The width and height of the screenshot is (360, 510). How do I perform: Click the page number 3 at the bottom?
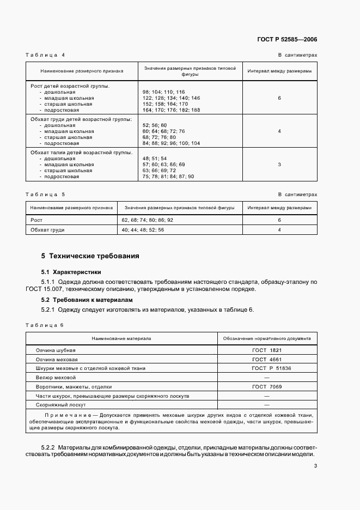315,465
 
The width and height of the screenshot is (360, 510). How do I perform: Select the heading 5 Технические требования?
90,256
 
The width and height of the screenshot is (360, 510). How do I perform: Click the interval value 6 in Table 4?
279,98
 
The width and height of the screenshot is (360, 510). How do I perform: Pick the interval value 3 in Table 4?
279,164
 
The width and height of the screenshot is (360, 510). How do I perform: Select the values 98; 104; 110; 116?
163,92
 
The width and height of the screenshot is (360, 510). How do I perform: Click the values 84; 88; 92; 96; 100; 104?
171,143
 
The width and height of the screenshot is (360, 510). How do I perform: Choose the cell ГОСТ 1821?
266,350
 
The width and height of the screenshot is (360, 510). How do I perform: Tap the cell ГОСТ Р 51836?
266,368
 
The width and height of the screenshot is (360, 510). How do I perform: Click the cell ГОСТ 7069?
266,386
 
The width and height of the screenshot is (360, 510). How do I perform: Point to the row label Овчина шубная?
56,350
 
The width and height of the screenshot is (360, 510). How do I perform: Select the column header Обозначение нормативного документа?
267,338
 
